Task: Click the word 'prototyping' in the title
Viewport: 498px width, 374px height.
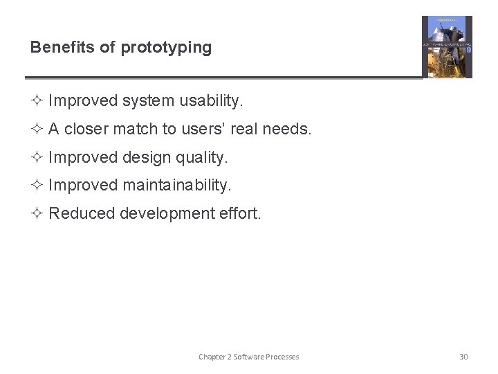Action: (166, 48)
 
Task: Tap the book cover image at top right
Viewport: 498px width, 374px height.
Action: (447, 47)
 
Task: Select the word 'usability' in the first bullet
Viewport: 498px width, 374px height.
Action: (210, 101)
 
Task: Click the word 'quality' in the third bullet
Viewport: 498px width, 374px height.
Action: (200, 158)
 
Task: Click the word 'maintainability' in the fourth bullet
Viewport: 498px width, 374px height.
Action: (176, 186)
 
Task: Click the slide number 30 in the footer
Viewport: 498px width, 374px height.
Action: (463, 357)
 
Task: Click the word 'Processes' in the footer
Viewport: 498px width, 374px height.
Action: (282, 357)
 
